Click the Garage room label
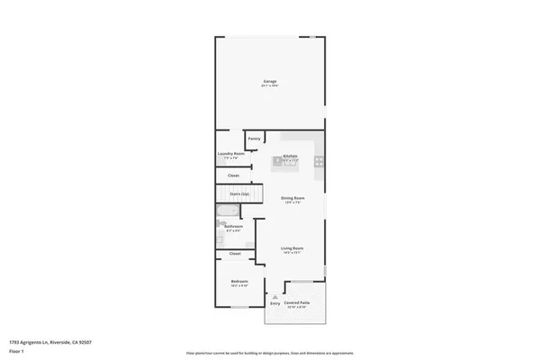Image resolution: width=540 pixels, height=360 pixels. [x=269, y=82]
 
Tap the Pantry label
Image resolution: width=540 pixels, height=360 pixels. [x=255, y=139]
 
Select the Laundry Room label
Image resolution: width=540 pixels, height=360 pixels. [x=231, y=154]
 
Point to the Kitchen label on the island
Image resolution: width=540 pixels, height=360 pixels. [x=291, y=156]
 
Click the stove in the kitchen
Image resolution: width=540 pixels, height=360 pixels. [x=318, y=162]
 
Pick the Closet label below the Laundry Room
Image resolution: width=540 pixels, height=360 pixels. [x=233, y=175]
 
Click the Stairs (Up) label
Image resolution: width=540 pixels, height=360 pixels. [x=239, y=193]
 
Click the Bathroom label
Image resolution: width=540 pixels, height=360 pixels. [x=233, y=228]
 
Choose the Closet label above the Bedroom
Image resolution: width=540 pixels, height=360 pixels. [x=235, y=254]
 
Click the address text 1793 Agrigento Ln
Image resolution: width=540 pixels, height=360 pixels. [x=50, y=342]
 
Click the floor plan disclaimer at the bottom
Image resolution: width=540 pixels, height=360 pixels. [x=269, y=352]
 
